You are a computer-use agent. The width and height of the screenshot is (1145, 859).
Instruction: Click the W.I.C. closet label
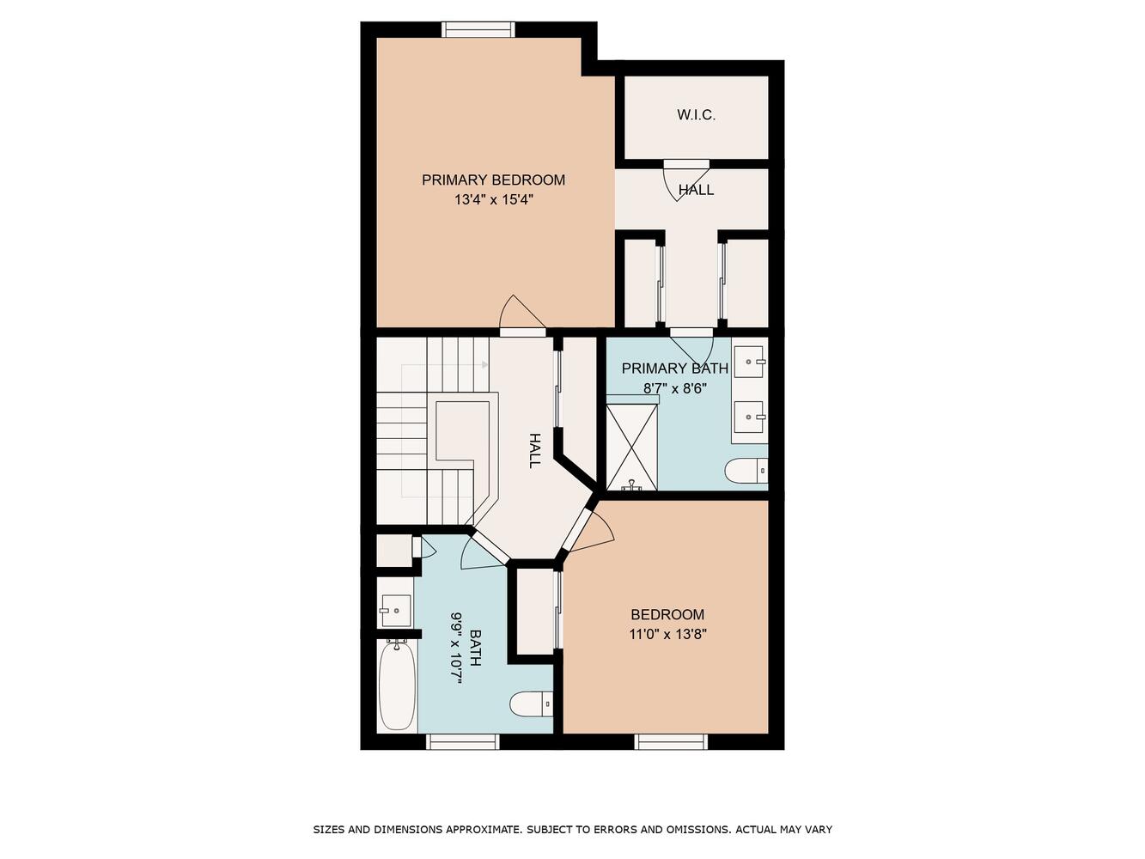(x=696, y=115)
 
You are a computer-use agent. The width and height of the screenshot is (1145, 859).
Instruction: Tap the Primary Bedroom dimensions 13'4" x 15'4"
(x=493, y=200)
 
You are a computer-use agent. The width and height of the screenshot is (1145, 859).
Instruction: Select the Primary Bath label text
(x=674, y=369)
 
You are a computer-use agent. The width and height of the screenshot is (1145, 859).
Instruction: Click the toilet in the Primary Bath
(x=746, y=471)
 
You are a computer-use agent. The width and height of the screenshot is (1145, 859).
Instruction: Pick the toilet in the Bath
(x=531, y=705)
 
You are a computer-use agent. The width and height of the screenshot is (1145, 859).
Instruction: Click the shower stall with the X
(x=631, y=448)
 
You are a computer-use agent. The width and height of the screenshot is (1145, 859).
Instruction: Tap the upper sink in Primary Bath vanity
(x=750, y=361)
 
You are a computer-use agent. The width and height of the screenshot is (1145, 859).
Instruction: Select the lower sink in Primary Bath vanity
(x=750, y=417)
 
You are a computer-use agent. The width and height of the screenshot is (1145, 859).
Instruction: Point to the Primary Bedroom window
(x=478, y=30)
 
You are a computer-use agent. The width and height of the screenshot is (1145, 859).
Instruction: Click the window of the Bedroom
(x=671, y=741)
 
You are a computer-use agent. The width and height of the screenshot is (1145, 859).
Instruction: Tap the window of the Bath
(x=463, y=741)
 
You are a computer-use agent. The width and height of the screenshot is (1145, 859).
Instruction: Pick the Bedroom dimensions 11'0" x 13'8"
(x=667, y=635)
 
